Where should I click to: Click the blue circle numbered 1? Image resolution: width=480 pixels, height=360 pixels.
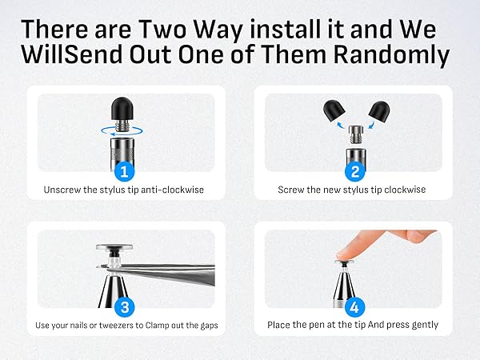[x=124, y=172]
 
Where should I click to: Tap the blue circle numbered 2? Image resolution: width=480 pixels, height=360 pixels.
[x=355, y=172]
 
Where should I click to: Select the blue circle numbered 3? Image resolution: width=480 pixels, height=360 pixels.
[x=124, y=307]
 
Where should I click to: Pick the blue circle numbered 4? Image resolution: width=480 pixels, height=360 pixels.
[x=354, y=307]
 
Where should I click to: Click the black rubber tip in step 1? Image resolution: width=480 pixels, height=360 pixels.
[x=122, y=108]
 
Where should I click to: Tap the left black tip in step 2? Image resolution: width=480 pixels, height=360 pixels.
[x=334, y=111]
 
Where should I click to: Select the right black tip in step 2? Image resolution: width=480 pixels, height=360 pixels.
[x=379, y=111]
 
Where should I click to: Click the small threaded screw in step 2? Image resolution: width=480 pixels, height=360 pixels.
[x=356, y=134]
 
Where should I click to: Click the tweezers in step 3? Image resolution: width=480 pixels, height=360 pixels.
[x=159, y=273]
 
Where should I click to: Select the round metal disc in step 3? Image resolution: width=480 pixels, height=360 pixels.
[x=114, y=246]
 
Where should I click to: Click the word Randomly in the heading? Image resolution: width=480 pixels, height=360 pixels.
[x=391, y=54]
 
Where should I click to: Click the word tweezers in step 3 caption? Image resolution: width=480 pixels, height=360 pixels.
[x=117, y=325]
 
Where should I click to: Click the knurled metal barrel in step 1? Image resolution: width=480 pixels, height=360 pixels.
[x=122, y=152]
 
